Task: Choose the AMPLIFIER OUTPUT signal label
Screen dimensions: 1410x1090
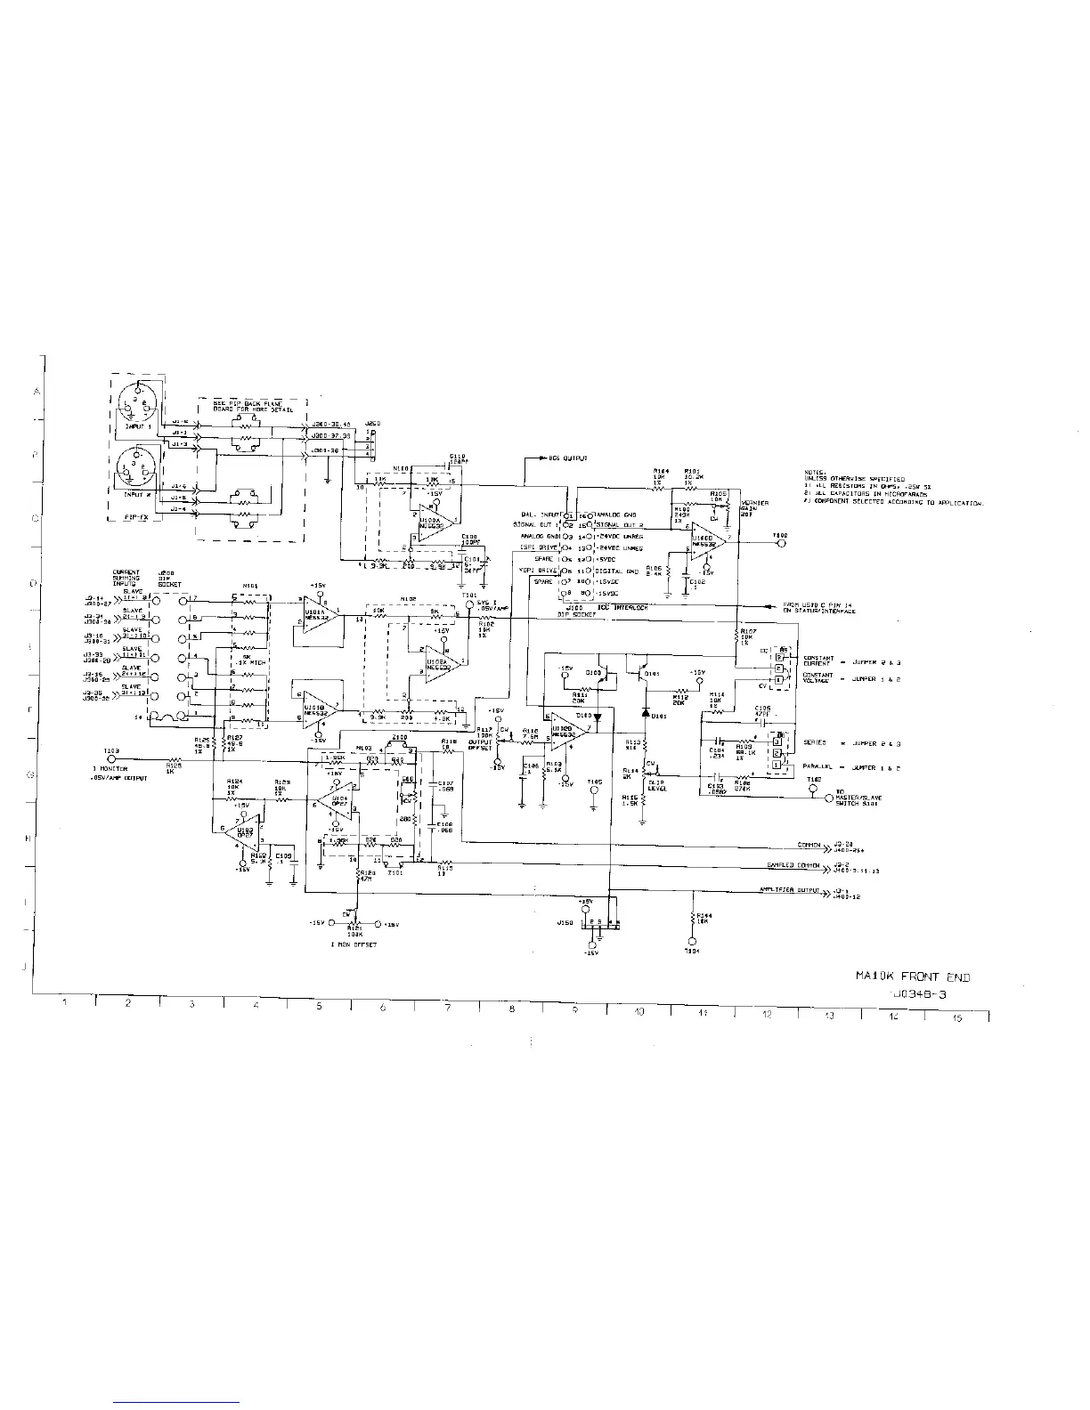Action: (x=788, y=889)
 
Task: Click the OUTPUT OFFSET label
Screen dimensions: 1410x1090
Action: (x=480, y=746)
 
